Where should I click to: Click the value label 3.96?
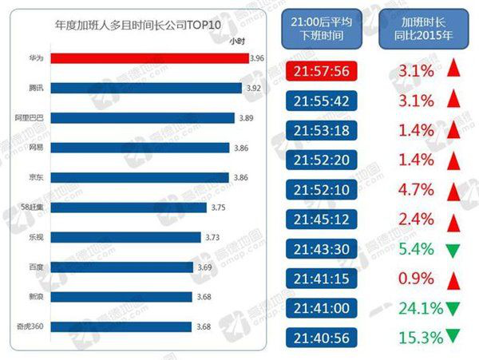pyautogui.click(x=255, y=58)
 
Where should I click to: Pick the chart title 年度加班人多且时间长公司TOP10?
pyautogui.click(x=144, y=25)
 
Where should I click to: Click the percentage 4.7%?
pyautogui.click(x=416, y=189)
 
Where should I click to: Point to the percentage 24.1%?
pyautogui.click(x=419, y=307)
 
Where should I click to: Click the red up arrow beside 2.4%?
pyautogui.click(x=453, y=219)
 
